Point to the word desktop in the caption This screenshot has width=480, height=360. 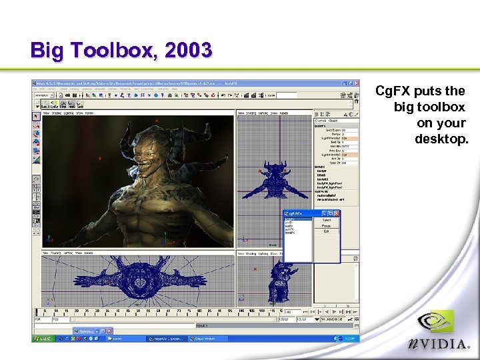(x=441, y=139)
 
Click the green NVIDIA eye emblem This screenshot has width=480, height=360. (x=435, y=323)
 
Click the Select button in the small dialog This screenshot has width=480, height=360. (x=327, y=219)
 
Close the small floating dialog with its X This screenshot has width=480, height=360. (x=337, y=213)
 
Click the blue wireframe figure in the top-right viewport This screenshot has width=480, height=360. (x=275, y=179)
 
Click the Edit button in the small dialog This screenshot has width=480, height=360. (x=327, y=231)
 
